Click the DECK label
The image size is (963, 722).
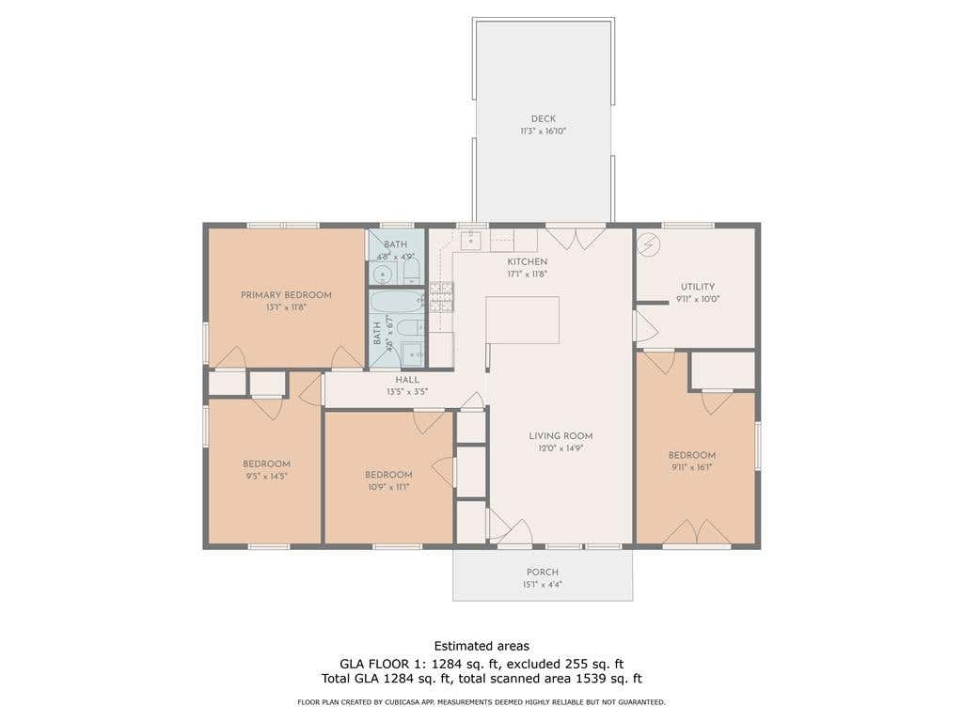543,119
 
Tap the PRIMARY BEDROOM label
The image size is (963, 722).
286,295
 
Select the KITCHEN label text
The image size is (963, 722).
527,262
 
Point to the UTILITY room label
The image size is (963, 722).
698,287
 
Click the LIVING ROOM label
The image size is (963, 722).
560,436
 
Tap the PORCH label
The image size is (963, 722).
543,573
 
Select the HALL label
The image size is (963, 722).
407,380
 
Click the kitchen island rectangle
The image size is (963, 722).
523,320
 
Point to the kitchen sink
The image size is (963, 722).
471,240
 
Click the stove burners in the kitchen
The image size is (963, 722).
441,296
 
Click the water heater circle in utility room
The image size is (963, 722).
649,245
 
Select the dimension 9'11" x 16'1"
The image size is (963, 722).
691,467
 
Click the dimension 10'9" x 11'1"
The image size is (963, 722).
388,487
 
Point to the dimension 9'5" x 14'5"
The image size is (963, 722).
266,476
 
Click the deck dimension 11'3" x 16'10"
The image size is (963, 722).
543,131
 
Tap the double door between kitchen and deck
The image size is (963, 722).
576,237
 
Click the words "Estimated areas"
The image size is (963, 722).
481,646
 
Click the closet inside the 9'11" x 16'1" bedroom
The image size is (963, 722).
723,370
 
